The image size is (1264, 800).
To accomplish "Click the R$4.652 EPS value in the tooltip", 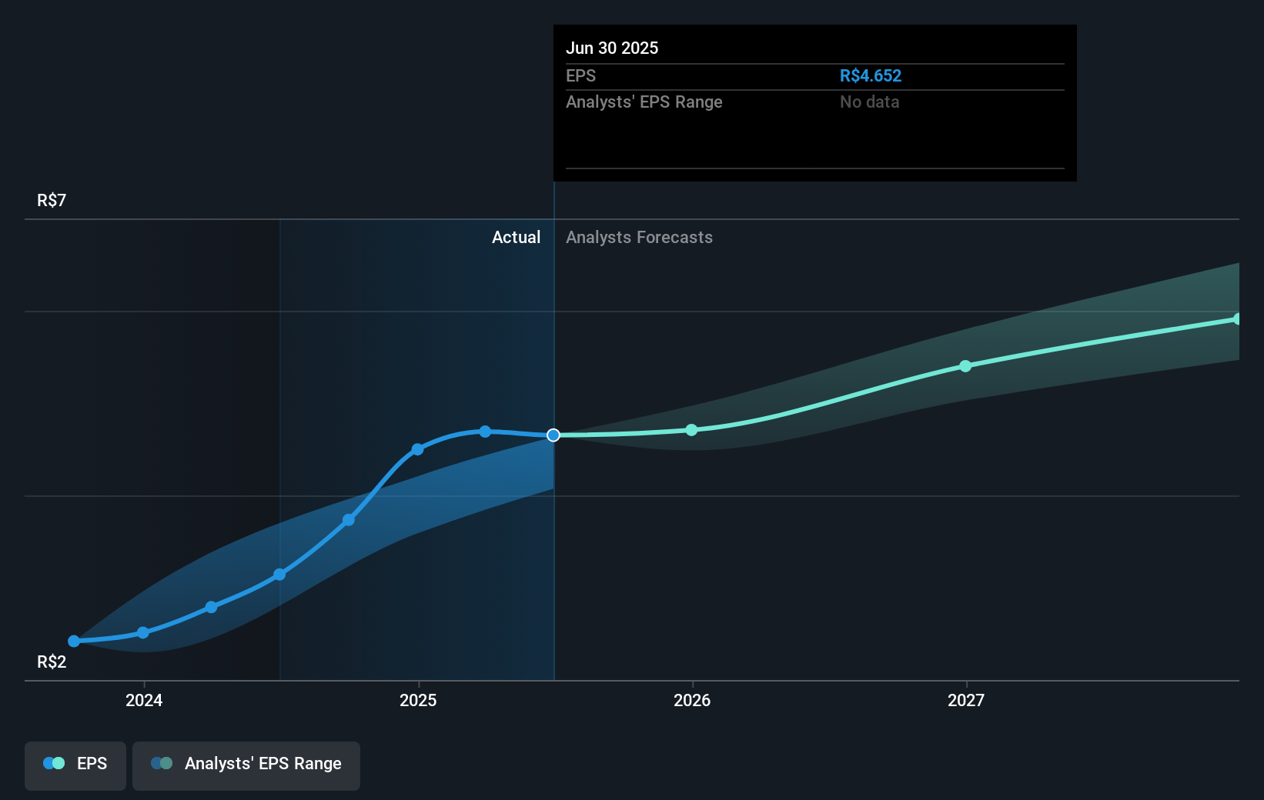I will [x=870, y=75].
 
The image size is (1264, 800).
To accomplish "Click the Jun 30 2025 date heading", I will [x=612, y=48].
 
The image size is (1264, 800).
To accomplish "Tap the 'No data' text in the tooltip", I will [x=869, y=102].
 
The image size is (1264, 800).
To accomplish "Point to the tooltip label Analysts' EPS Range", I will [x=644, y=102].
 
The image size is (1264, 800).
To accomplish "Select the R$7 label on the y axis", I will [x=52, y=200].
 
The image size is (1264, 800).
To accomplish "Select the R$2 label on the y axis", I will [x=52, y=662].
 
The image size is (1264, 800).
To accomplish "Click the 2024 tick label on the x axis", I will [x=144, y=700].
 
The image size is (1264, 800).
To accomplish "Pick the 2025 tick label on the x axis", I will [x=418, y=700].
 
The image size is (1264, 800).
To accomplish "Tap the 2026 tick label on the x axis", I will [x=692, y=700].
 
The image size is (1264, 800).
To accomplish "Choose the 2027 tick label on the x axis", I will [x=966, y=700].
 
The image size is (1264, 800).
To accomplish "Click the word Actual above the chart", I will [x=516, y=237].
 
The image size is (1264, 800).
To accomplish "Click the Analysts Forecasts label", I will [x=639, y=237].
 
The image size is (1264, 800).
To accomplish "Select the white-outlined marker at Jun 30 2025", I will [x=553, y=435].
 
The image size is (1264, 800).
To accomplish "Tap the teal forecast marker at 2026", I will [x=691, y=430].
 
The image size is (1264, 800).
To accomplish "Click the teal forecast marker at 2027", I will [x=965, y=366].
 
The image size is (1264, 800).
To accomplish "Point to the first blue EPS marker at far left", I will [x=74, y=641].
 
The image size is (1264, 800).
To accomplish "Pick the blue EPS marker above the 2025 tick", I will [x=417, y=449].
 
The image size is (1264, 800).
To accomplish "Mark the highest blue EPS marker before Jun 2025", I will [x=485, y=432].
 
